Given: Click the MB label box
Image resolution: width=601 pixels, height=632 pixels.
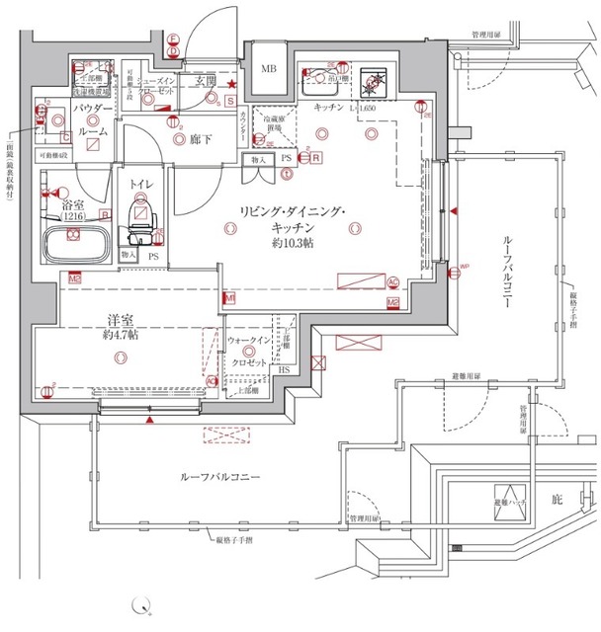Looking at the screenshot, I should click(268, 69).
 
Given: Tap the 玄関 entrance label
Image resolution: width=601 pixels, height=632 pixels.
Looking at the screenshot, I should click(206, 80).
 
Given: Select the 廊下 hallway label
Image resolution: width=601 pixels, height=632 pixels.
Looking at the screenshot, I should click(204, 139).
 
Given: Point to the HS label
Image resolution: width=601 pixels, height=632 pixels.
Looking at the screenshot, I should click(284, 370).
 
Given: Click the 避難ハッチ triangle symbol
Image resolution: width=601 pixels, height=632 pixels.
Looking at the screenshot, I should click(509, 501).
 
